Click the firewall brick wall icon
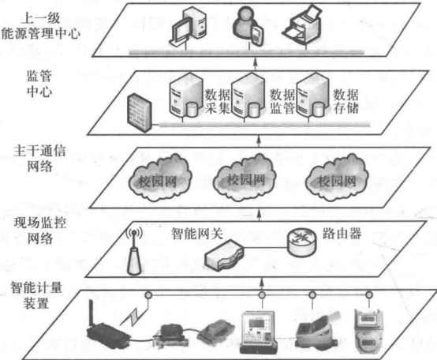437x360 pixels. click(x=140, y=113)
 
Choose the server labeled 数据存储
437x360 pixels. click(x=312, y=96)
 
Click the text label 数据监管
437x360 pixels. click(x=282, y=101)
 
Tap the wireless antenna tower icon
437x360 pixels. click(x=134, y=251)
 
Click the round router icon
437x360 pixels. click(x=301, y=242)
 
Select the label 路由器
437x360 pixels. click(x=342, y=234)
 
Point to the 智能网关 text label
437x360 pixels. click(x=197, y=234)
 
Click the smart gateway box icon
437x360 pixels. click(x=224, y=256)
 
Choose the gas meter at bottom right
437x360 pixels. click(x=368, y=331)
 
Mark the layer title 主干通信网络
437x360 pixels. click(x=39, y=159)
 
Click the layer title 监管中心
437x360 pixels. click(x=39, y=84)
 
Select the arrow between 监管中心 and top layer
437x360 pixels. click(x=255, y=64)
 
